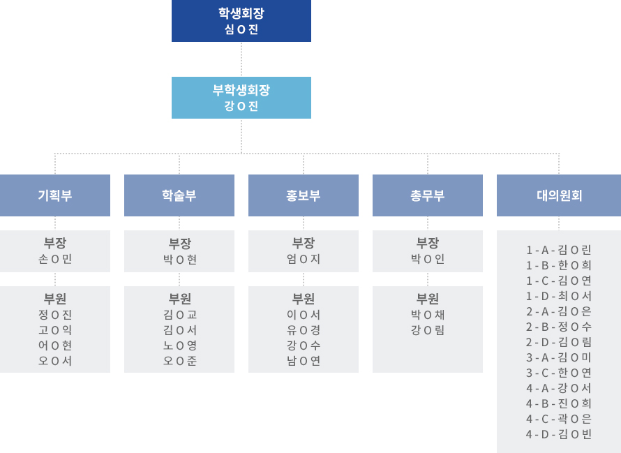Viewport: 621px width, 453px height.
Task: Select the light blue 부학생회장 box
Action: [x=241, y=97]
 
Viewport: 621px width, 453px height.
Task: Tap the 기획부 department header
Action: [x=55, y=195]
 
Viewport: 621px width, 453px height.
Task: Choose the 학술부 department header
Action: [x=179, y=195]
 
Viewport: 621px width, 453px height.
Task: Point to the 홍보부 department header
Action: [x=304, y=195]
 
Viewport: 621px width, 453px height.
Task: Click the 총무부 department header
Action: [x=428, y=195]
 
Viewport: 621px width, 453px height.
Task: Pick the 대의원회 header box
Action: [x=559, y=195]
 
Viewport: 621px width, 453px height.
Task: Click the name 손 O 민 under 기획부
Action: [x=55, y=259]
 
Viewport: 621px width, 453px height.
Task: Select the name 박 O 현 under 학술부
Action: [x=179, y=259]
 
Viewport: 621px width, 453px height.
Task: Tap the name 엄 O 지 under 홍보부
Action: [x=304, y=259]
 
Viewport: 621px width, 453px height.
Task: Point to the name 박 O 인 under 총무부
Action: [x=428, y=259]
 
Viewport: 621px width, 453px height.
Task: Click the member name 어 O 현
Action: [x=55, y=346]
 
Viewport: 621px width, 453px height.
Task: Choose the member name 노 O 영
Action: [x=179, y=346]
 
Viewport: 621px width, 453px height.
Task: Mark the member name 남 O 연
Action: [x=304, y=361]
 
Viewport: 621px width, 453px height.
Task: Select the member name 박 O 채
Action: [x=428, y=315]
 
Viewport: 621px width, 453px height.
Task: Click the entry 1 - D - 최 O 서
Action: [x=559, y=296]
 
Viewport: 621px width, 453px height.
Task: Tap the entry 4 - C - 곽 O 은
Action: [x=559, y=419]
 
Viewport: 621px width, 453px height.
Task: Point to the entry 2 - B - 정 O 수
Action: [x=559, y=327]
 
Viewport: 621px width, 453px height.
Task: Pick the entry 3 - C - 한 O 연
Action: [x=559, y=373]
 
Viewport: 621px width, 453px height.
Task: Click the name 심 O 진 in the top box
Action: [x=241, y=29]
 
